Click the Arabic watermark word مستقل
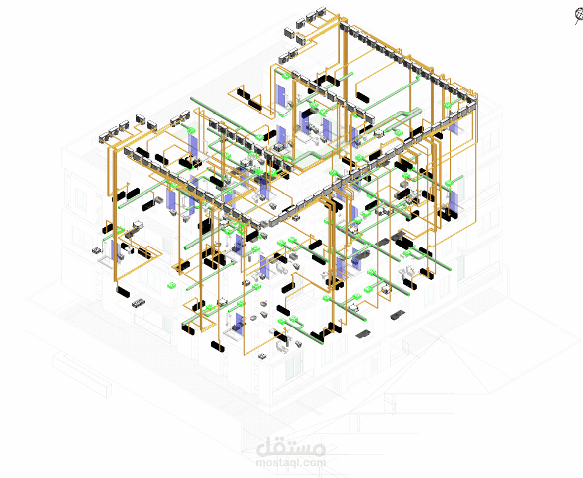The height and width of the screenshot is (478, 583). [291, 448]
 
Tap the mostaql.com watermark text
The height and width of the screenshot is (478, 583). [291, 463]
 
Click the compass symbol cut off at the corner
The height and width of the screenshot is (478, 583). [578, 15]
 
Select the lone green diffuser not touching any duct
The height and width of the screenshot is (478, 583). [171, 286]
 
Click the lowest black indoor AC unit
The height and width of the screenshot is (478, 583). [218, 346]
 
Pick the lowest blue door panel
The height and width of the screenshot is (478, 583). [239, 321]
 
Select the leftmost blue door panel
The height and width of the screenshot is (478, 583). [116, 252]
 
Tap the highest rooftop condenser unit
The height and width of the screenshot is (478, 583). [321, 12]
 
